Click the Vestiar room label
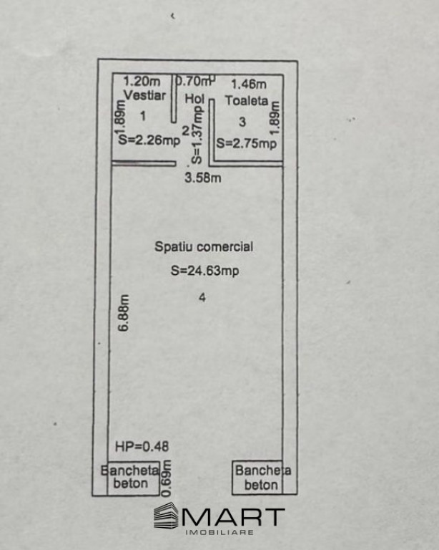[x=144, y=95]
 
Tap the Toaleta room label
[x=247, y=100]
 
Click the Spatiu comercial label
[x=204, y=246]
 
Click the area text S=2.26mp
[x=149, y=141]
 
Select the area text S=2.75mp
[x=246, y=143]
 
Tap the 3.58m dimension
[x=202, y=178]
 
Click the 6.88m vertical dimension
[x=124, y=313]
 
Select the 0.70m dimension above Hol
[x=193, y=81]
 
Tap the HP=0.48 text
[x=142, y=445]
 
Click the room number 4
[x=203, y=299]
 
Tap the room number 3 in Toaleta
[x=242, y=121]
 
